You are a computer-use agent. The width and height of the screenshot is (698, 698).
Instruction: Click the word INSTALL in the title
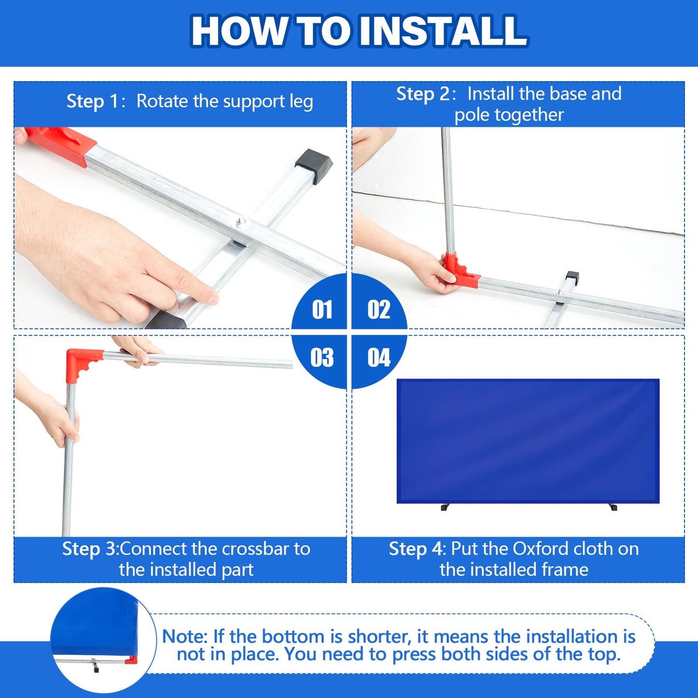click(x=443, y=31)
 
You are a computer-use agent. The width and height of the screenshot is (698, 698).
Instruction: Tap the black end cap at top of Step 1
click(x=313, y=166)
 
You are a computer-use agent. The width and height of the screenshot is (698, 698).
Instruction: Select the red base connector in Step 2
click(x=459, y=271)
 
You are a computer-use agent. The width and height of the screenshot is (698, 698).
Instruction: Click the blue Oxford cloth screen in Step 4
click(x=528, y=441)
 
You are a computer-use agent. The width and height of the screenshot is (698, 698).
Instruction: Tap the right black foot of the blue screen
click(x=613, y=507)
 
